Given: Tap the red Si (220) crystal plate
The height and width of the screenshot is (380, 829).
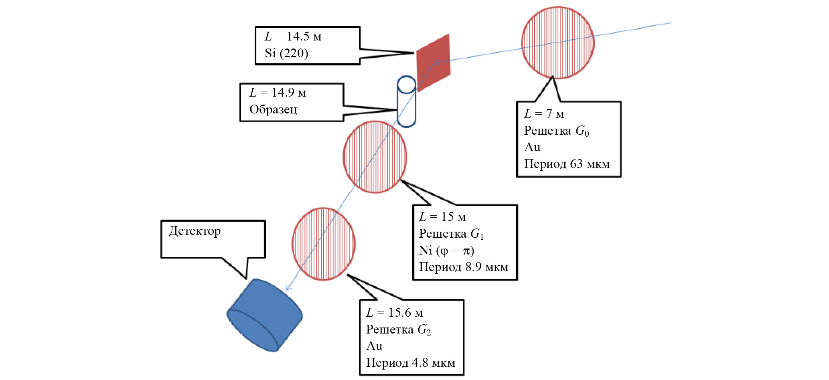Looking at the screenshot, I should [x=434, y=62].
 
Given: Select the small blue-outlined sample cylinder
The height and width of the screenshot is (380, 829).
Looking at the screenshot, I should [x=406, y=102].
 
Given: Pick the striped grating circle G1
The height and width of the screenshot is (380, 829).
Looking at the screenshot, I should [x=375, y=157].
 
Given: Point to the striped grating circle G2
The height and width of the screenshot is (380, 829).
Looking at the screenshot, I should [x=324, y=244].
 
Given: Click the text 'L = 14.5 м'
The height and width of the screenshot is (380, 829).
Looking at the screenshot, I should [x=293, y=36].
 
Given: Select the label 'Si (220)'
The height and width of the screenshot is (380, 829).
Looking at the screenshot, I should [x=286, y=53].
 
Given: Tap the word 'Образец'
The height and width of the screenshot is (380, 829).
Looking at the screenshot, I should [x=273, y=109].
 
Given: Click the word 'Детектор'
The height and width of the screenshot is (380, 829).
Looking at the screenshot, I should [x=195, y=231].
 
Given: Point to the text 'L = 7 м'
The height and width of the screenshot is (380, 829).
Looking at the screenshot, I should [x=544, y=114].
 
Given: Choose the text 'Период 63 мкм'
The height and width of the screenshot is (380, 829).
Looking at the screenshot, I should [x=567, y=164].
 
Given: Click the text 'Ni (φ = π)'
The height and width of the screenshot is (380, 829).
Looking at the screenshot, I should [x=446, y=251].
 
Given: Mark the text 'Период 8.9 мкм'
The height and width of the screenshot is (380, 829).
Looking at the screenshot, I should [x=464, y=267].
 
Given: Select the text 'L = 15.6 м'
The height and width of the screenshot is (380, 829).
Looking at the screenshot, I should [x=395, y=313].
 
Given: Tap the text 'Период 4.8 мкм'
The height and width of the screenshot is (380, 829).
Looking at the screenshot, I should [x=411, y=363].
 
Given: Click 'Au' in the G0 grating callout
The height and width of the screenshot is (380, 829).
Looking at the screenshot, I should [x=532, y=147].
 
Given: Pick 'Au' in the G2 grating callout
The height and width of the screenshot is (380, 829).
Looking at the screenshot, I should [x=374, y=346].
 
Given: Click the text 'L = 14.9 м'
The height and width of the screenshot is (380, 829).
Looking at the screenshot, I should [x=278, y=93].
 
